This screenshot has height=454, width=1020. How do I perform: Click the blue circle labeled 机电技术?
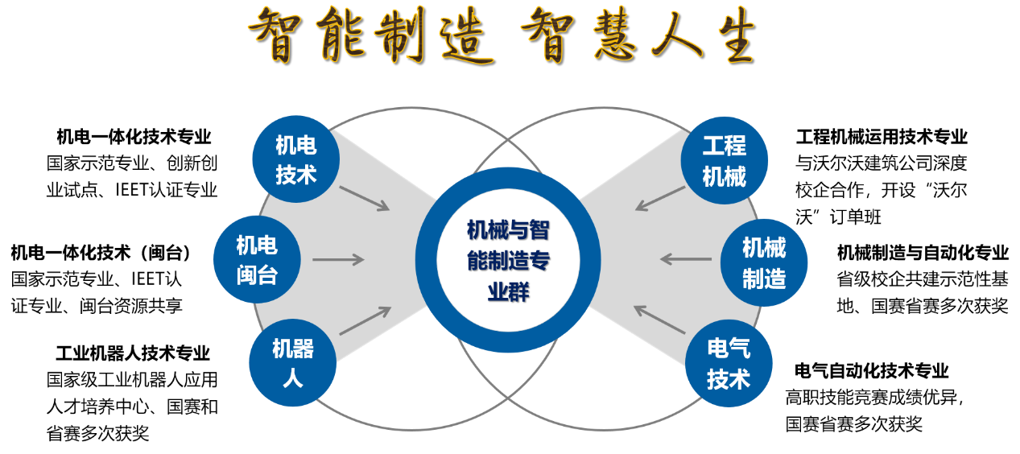295,159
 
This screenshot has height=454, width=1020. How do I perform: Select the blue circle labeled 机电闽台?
257,259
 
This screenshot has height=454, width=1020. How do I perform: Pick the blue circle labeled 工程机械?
724,159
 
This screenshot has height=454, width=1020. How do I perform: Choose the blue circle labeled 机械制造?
763,262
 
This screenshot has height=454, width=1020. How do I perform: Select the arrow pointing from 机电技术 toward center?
364,198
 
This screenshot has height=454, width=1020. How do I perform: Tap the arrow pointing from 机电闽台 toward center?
338,259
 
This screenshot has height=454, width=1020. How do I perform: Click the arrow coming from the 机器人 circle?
365,320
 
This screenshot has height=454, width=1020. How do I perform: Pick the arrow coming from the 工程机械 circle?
660,199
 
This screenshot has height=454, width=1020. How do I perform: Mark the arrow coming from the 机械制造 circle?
686,259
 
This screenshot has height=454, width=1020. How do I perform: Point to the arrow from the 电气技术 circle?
659,320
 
